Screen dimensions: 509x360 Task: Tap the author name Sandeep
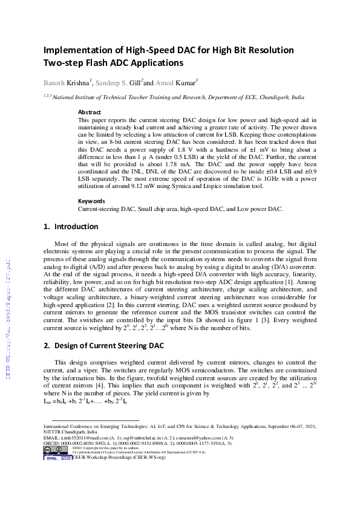[x=114, y=81]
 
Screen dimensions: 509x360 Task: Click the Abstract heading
[x=90, y=112]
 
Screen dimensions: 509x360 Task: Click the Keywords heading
[x=92, y=201]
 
